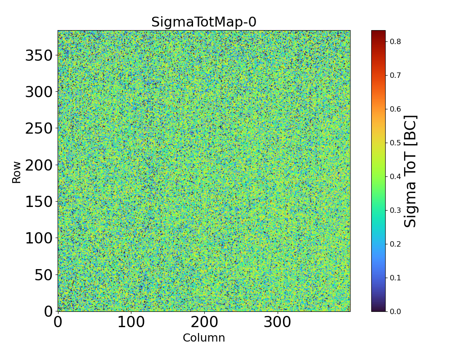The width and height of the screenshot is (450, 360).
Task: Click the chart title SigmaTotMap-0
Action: click(203, 22)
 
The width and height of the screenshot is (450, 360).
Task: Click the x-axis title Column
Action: click(203, 338)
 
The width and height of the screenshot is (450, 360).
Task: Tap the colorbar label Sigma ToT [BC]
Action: click(410, 171)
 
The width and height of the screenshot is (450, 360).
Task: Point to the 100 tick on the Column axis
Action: click(131, 322)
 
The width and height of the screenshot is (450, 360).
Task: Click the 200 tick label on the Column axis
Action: click(204, 322)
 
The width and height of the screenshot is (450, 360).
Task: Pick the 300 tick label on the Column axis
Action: click(278, 322)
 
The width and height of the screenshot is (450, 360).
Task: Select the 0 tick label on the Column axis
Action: click(58, 322)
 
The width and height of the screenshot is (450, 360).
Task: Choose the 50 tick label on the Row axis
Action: click(44, 275)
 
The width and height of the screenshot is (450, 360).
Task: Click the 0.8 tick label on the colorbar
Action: click(395, 41)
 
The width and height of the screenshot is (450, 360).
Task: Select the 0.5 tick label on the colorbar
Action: click(395, 143)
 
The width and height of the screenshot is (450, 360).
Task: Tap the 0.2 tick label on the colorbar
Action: click(395, 244)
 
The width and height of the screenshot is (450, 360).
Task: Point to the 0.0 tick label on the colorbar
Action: click(395, 311)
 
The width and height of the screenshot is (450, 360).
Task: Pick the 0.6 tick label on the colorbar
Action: click(395, 109)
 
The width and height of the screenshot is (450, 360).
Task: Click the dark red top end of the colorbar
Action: click(378, 32)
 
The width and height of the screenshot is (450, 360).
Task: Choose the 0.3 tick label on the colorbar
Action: click(395, 210)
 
